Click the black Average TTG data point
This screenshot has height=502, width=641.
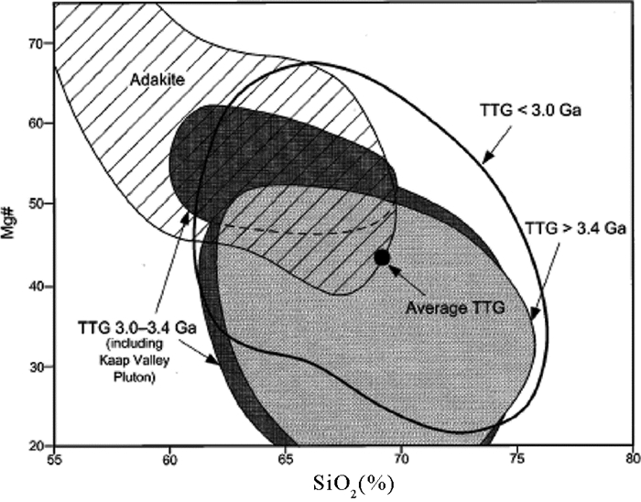383,257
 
